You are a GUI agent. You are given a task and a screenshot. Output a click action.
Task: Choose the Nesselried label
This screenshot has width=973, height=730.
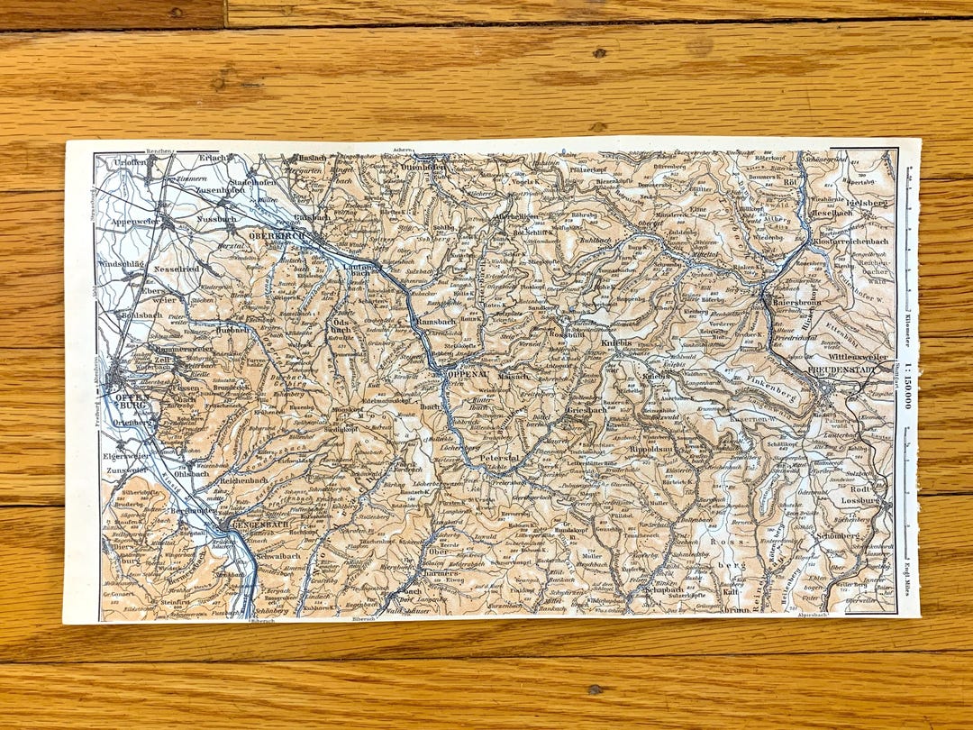[180, 268]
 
